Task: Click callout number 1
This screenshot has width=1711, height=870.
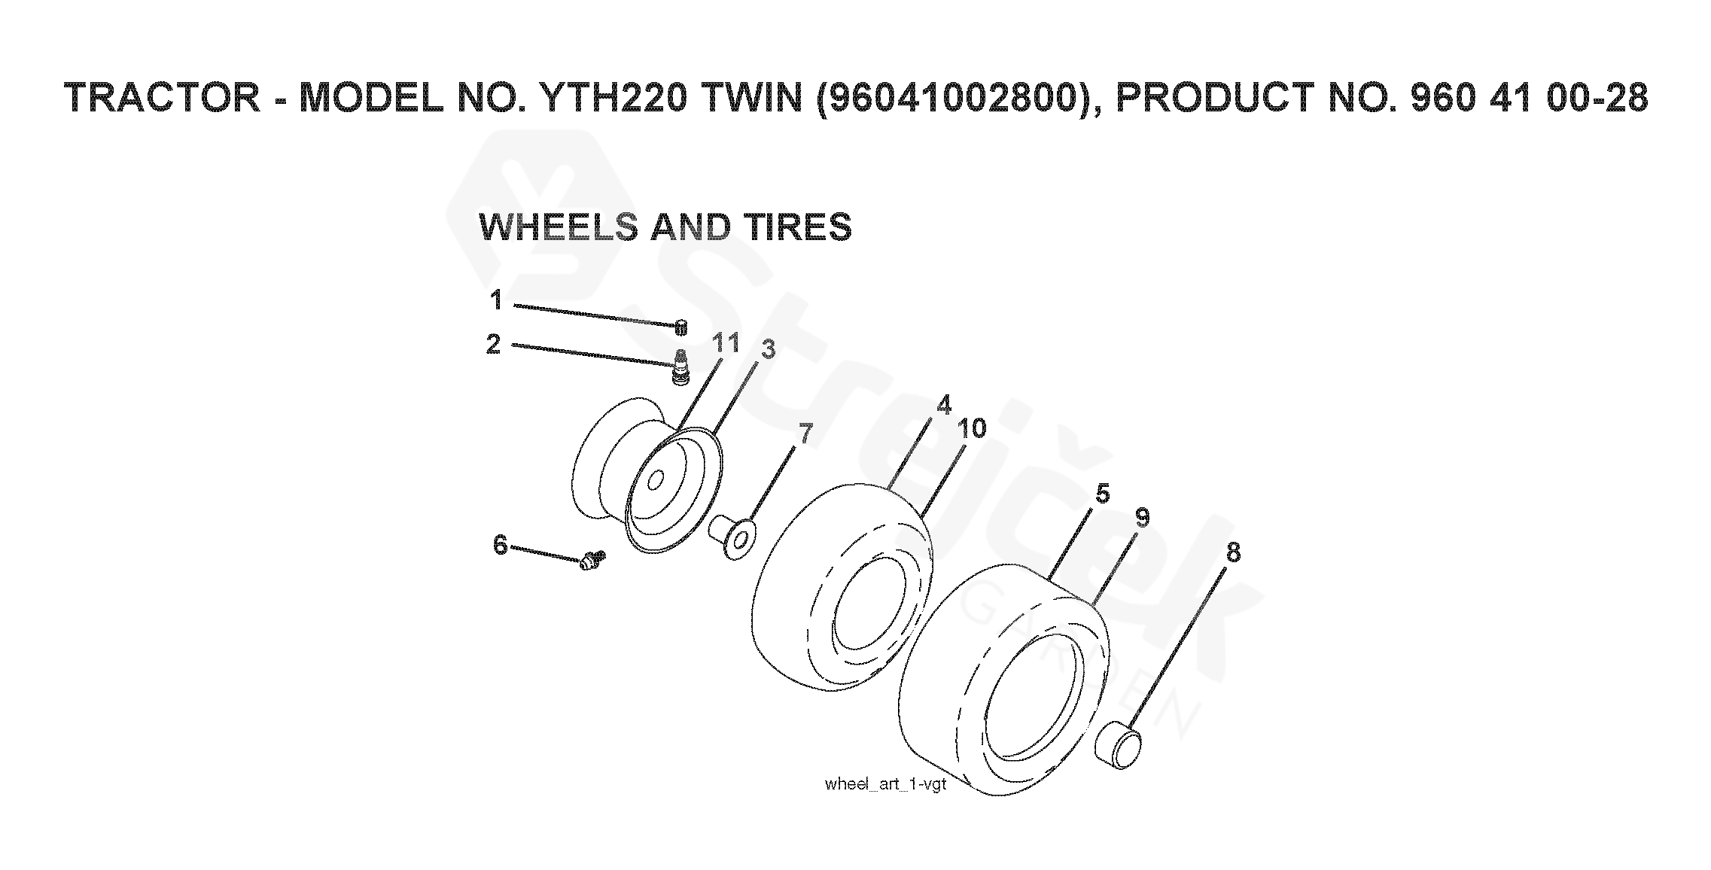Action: (x=496, y=300)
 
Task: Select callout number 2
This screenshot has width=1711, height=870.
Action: (x=493, y=345)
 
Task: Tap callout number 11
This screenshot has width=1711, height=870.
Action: (x=726, y=343)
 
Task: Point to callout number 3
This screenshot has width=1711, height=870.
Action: (x=767, y=349)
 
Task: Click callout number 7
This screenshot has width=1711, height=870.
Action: (x=805, y=433)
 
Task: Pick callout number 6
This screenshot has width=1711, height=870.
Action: (x=501, y=544)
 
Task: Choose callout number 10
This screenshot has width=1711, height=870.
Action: (x=972, y=429)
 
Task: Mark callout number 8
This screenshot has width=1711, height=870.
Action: (x=1232, y=552)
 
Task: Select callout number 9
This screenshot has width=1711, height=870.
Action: (x=1142, y=518)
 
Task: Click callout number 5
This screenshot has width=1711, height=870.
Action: (x=1102, y=494)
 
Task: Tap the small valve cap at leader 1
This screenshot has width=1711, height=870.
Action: (x=681, y=326)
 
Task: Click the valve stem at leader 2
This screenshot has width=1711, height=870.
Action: (x=680, y=368)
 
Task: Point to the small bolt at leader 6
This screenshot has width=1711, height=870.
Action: (x=593, y=559)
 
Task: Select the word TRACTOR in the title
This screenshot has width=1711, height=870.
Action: (x=163, y=99)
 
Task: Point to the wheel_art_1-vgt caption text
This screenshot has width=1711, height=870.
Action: (x=884, y=784)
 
